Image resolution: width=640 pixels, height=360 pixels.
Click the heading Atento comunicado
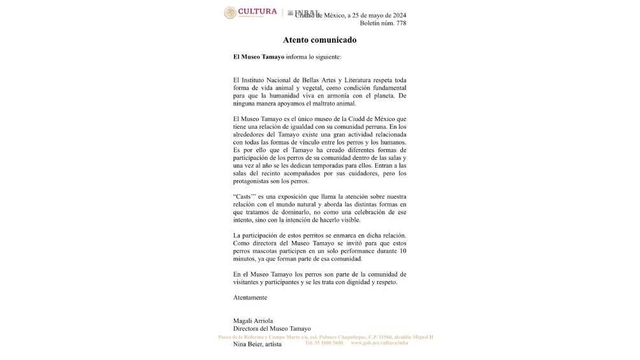tap(319, 40)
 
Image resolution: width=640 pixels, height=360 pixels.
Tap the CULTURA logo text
tap(258, 11)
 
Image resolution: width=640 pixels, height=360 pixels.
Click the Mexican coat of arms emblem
tap(230, 13)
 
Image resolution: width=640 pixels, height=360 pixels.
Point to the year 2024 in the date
tap(396, 15)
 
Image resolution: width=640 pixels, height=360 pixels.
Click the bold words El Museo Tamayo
tap(259, 57)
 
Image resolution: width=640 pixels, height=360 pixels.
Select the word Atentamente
tap(251, 298)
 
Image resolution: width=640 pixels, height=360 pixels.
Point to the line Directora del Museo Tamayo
tap(268, 329)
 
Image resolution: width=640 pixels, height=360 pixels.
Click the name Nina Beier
tap(247, 345)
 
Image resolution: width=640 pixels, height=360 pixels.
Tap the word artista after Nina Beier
tap(273, 345)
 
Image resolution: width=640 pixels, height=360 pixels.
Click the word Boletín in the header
tap(371, 24)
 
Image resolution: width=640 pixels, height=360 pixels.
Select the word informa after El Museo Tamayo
tap(300, 57)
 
